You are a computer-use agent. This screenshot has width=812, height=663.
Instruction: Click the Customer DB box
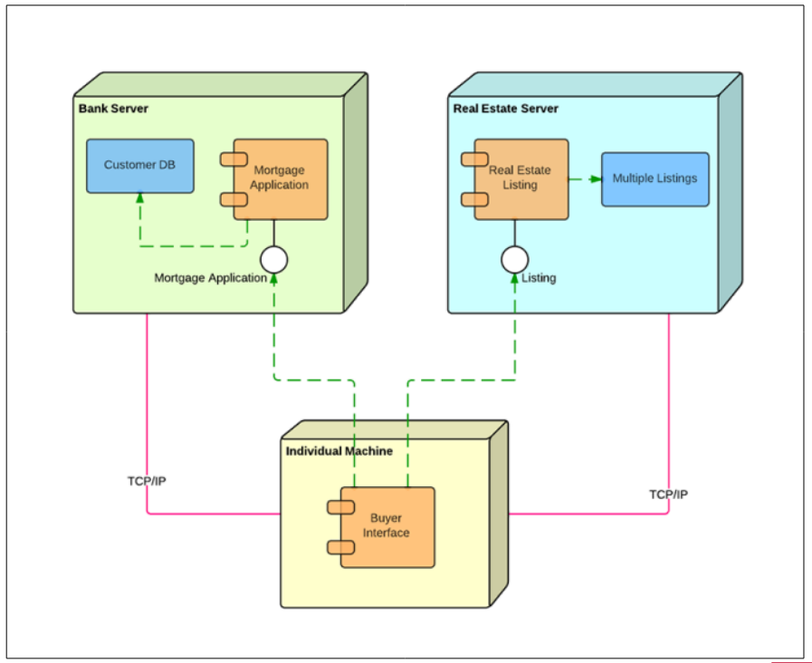(x=140, y=166)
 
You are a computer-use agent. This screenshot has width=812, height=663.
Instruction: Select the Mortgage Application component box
(x=280, y=179)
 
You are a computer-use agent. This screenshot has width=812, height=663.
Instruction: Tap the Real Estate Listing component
(x=521, y=179)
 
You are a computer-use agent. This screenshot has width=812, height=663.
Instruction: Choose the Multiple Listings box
(x=655, y=179)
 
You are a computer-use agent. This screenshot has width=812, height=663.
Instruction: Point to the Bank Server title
(x=113, y=109)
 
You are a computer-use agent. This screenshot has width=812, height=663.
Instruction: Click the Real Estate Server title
(x=505, y=109)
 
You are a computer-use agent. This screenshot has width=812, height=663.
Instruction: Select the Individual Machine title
(x=339, y=451)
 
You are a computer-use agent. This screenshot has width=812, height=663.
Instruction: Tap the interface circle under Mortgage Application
(x=274, y=260)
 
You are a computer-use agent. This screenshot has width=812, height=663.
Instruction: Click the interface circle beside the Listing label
(x=515, y=260)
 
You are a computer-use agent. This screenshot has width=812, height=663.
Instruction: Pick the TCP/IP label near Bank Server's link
(x=147, y=481)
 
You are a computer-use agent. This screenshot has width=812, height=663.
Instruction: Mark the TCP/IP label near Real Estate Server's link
(x=669, y=495)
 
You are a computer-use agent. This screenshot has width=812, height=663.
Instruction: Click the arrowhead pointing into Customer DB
(x=139, y=197)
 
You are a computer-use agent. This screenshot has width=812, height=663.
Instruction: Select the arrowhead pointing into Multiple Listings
(x=596, y=179)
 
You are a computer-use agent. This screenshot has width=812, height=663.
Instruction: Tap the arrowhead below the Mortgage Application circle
(x=274, y=279)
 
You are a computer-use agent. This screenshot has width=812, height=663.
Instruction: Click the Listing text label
(x=539, y=278)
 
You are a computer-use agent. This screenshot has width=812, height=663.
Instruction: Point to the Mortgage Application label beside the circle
(x=210, y=278)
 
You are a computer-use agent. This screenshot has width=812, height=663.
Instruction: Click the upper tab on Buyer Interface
(x=340, y=507)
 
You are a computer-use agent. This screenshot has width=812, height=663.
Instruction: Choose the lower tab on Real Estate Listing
(x=475, y=199)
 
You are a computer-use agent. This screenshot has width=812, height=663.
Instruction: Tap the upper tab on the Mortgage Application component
(x=234, y=159)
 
